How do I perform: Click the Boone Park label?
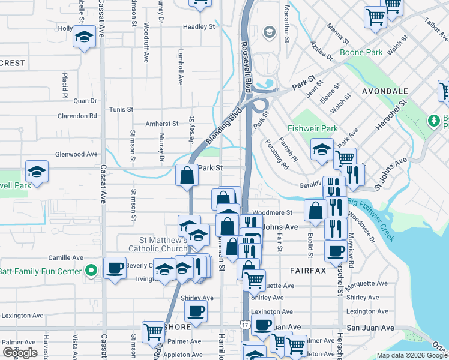click(361, 52)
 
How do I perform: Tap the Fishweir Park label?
click(313, 128)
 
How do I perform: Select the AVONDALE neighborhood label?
click(385, 91)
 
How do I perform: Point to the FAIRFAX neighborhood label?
click(308, 271)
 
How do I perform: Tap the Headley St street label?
click(199, 27)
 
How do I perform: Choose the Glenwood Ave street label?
click(76, 154)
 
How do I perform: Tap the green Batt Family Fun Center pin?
click(91, 271)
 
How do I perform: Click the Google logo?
click(20, 353)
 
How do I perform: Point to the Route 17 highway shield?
click(244, 325)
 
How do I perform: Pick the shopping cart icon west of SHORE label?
click(152, 332)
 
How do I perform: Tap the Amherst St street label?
click(162, 124)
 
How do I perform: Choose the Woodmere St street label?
click(273, 212)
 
